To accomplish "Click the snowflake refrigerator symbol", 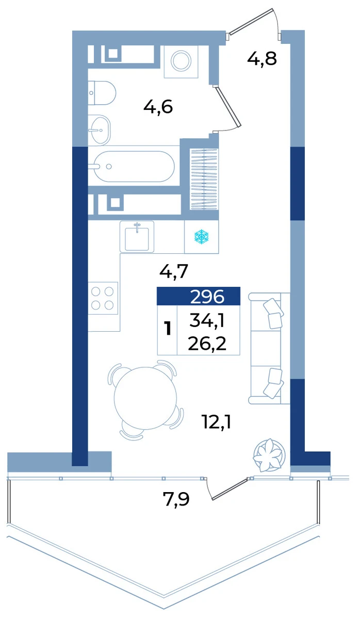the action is tap(202, 236).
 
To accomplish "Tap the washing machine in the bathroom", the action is tap(181, 61).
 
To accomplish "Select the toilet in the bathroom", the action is tap(102, 93).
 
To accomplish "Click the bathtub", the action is tap(134, 166).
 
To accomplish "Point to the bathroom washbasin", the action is tap(100, 130).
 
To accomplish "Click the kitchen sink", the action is tap(137, 236).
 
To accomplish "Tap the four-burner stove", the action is tap(103, 299).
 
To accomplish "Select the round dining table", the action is tap(145, 398).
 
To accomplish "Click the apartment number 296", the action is tap(207, 297).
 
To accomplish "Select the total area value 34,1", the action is tap(207, 321).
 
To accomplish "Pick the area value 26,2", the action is tap(207, 344).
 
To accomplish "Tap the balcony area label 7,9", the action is tap(176, 499).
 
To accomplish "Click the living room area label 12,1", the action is tap(217, 422).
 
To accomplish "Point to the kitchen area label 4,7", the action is tap(174, 271).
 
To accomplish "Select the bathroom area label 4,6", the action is tap(158, 107).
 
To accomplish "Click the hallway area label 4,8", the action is tap(261, 59).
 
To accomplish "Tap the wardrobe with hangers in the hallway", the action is tap(204, 179).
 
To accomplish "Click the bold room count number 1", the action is tap(168, 329).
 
